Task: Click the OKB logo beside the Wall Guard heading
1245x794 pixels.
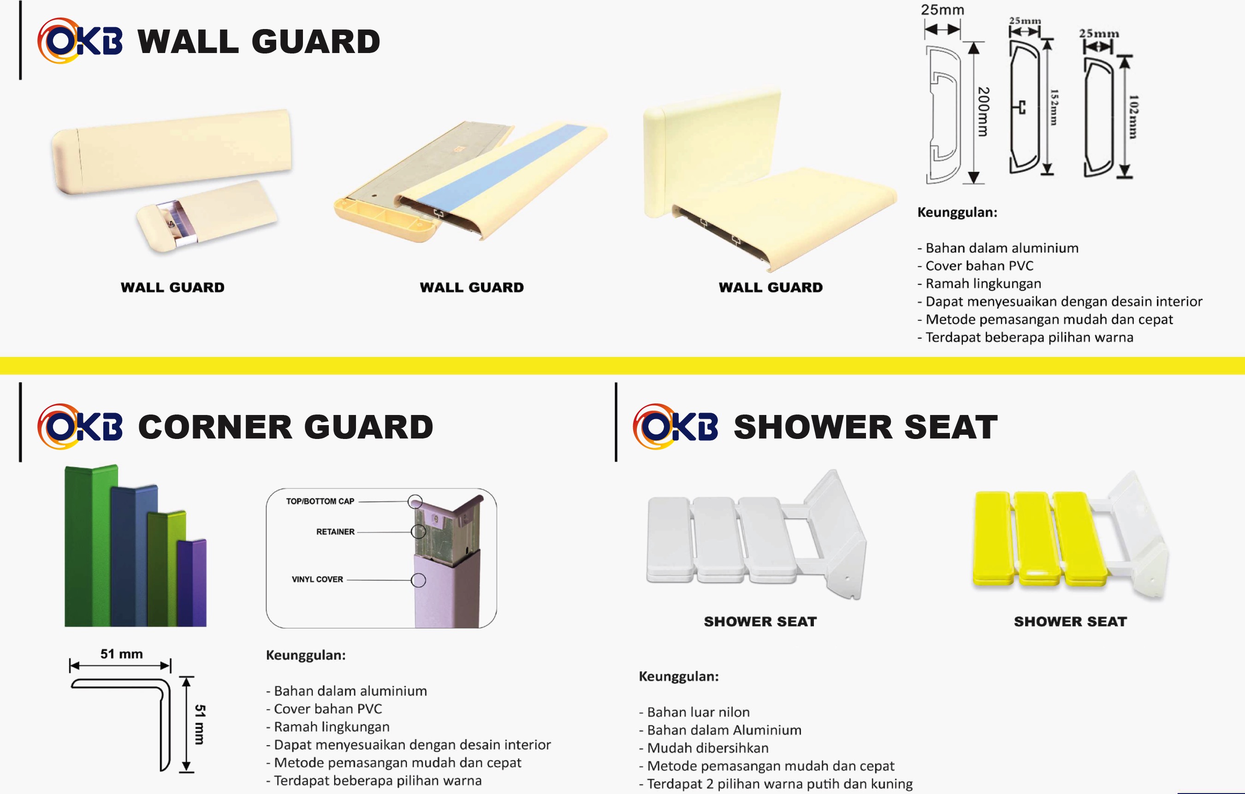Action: [80, 41]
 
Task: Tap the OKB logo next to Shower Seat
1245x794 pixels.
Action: [675, 427]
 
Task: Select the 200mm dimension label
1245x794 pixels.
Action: [984, 112]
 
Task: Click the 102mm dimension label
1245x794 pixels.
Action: [1133, 117]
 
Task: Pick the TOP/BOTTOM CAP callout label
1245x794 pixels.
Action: [320, 501]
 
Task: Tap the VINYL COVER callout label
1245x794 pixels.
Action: [317, 580]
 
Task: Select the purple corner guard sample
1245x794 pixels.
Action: [192, 582]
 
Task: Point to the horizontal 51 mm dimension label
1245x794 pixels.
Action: [121, 654]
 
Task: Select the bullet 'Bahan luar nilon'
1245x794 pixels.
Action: [694, 712]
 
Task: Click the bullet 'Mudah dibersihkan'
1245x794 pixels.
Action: [704, 748]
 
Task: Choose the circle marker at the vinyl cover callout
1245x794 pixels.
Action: [418, 580]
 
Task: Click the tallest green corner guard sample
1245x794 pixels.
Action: [91, 546]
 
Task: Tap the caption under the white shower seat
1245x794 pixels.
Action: [760, 622]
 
